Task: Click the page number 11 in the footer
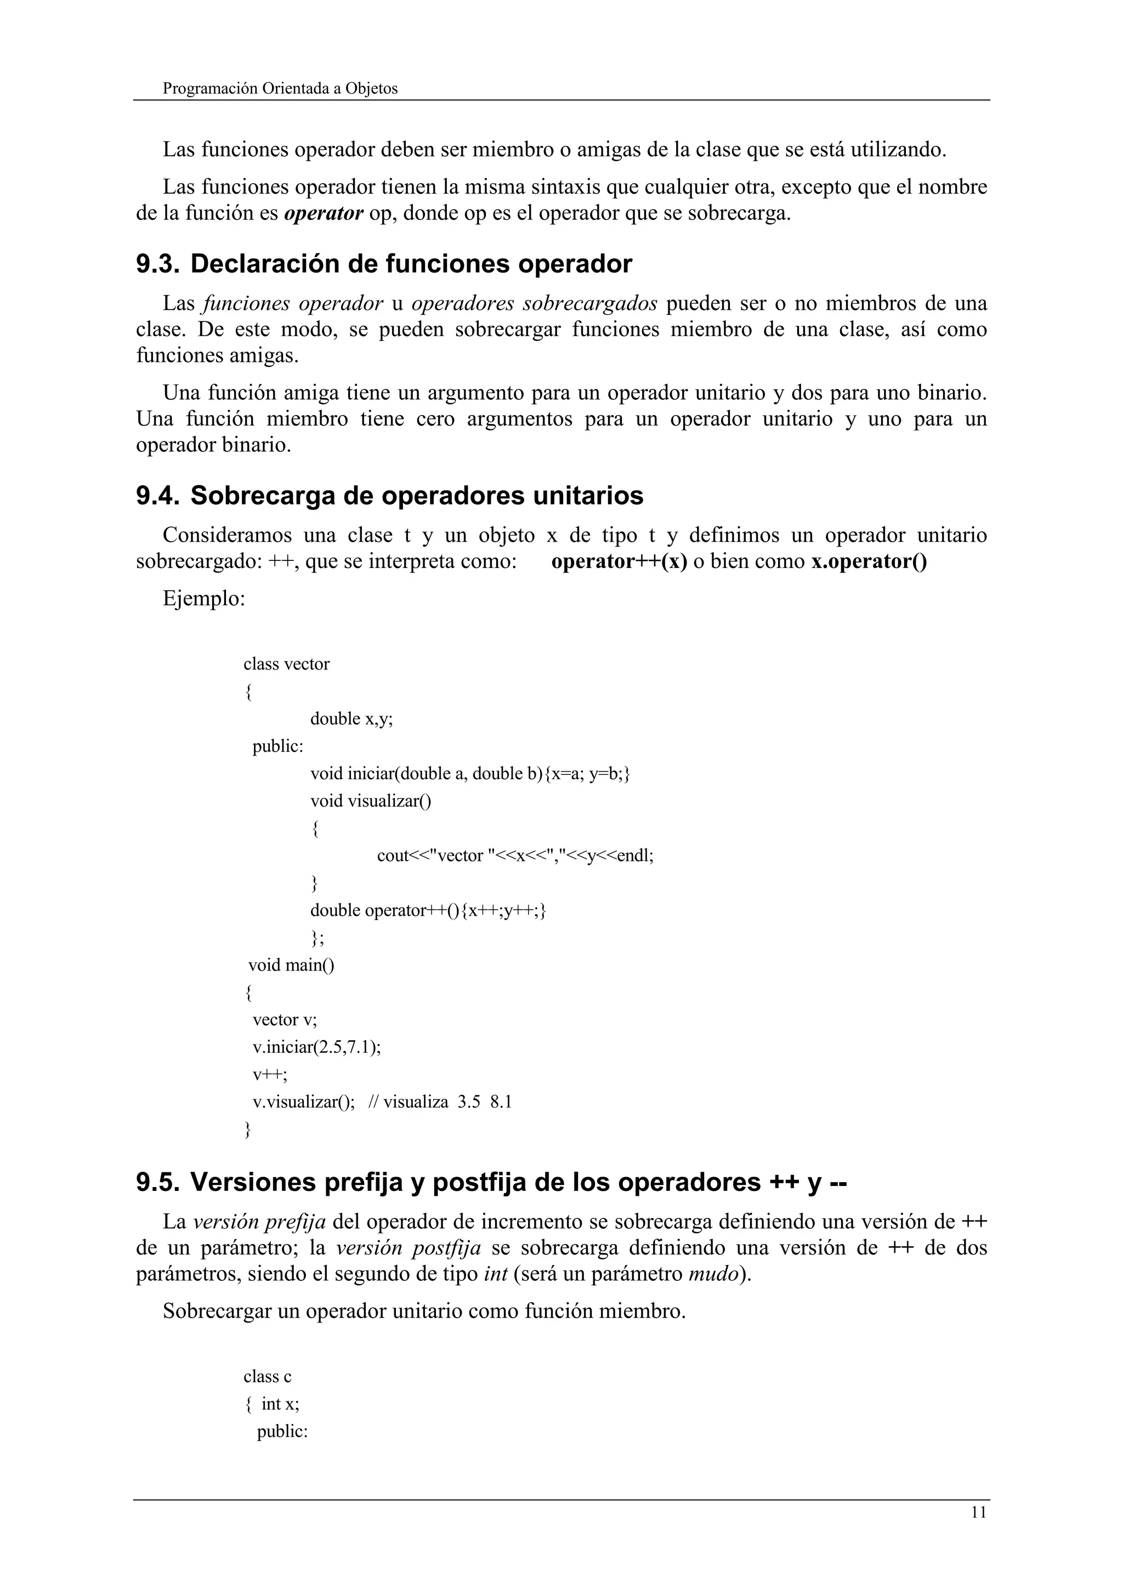pyautogui.click(x=978, y=1512)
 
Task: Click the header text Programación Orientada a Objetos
pyautogui.click(x=280, y=89)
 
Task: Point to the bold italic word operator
pyautogui.click(x=323, y=213)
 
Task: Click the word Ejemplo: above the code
pyautogui.click(x=204, y=598)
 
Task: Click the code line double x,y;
pyautogui.click(x=351, y=718)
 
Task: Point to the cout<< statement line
pyautogui.click(x=514, y=855)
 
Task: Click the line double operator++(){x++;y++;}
pyautogui.click(x=428, y=910)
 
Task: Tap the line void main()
pyautogui.click(x=291, y=965)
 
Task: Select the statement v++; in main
pyautogui.click(x=269, y=1074)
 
